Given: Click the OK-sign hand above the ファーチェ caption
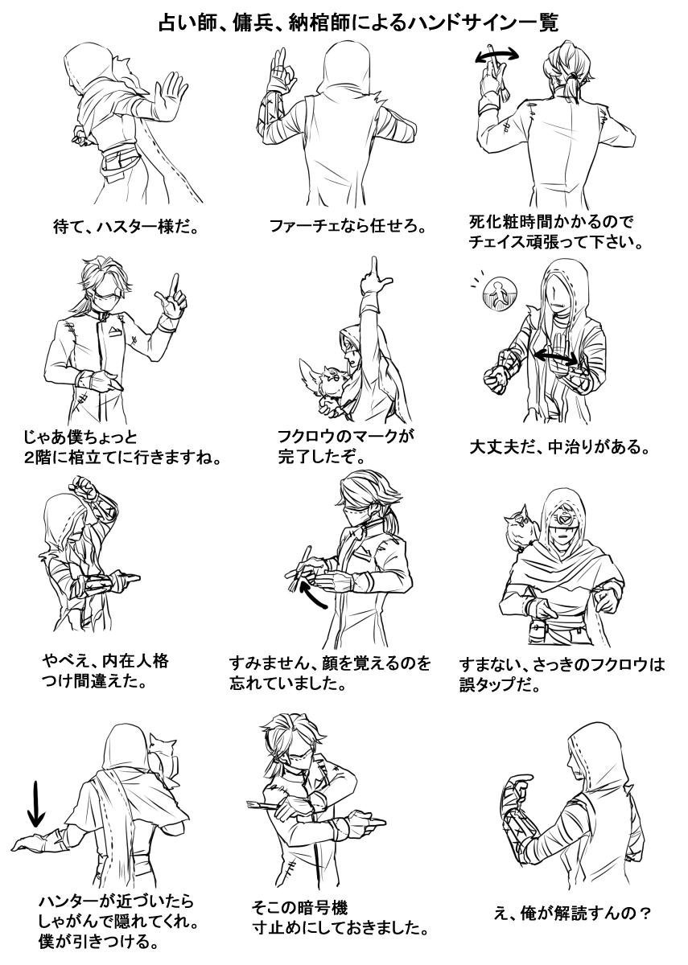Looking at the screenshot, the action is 282,70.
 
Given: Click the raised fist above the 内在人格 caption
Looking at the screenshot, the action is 85,487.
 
